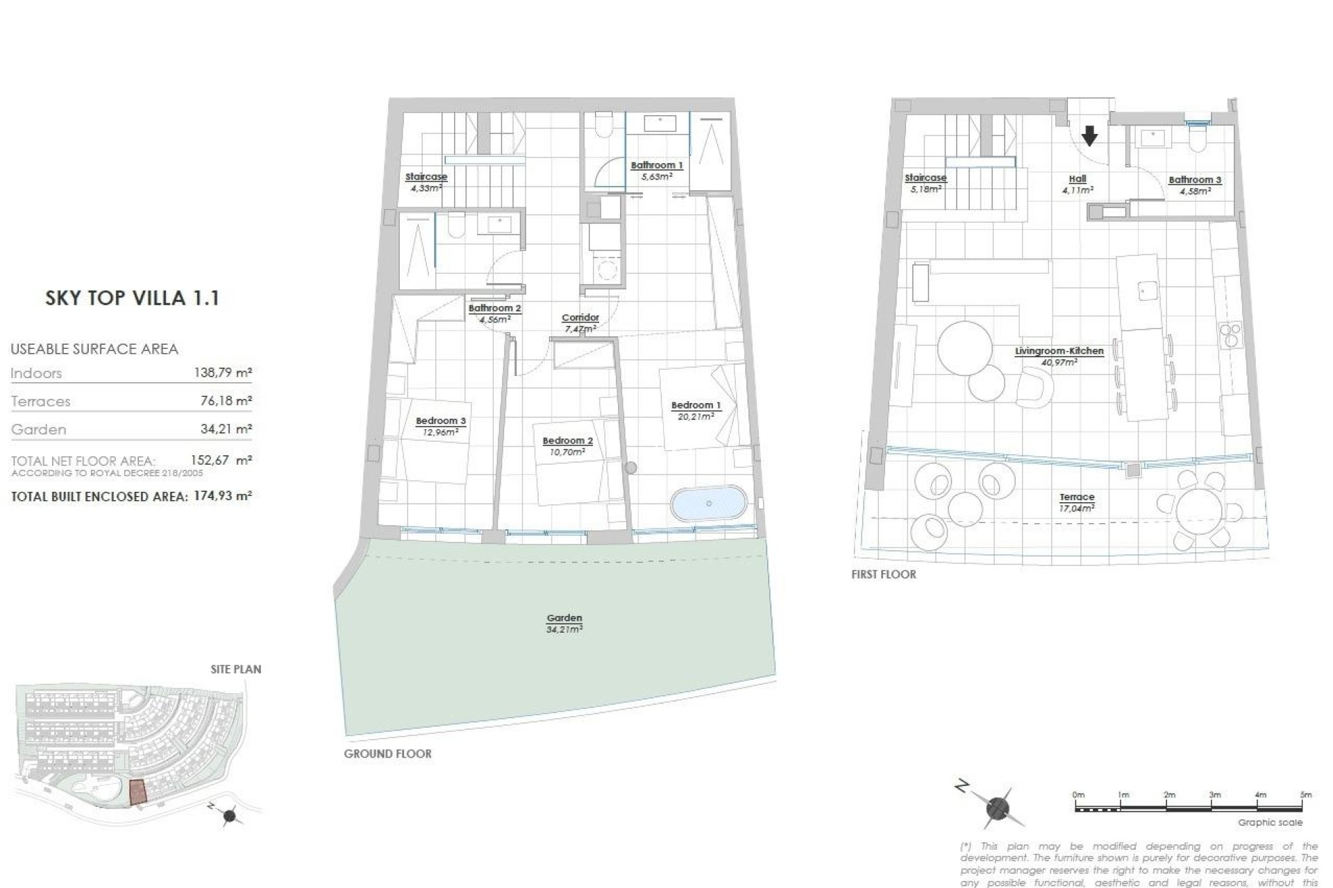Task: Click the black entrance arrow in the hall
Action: (1089, 136)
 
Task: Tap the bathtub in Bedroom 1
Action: (708, 504)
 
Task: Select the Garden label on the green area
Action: (564, 618)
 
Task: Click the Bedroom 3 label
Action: (441, 420)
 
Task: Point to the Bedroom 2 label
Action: (567, 441)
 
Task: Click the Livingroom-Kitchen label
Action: (1059, 351)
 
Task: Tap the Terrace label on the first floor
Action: (1077, 497)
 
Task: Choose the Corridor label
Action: (580, 318)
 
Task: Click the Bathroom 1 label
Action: (657, 165)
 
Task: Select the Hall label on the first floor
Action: (1078, 178)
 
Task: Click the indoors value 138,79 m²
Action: (222, 373)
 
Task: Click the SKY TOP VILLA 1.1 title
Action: (132, 298)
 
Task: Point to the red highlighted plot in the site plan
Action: (139, 792)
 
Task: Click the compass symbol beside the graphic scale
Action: (997, 808)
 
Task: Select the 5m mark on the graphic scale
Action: (1305, 795)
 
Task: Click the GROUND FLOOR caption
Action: (387, 753)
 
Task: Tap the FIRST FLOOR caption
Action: (883, 574)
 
